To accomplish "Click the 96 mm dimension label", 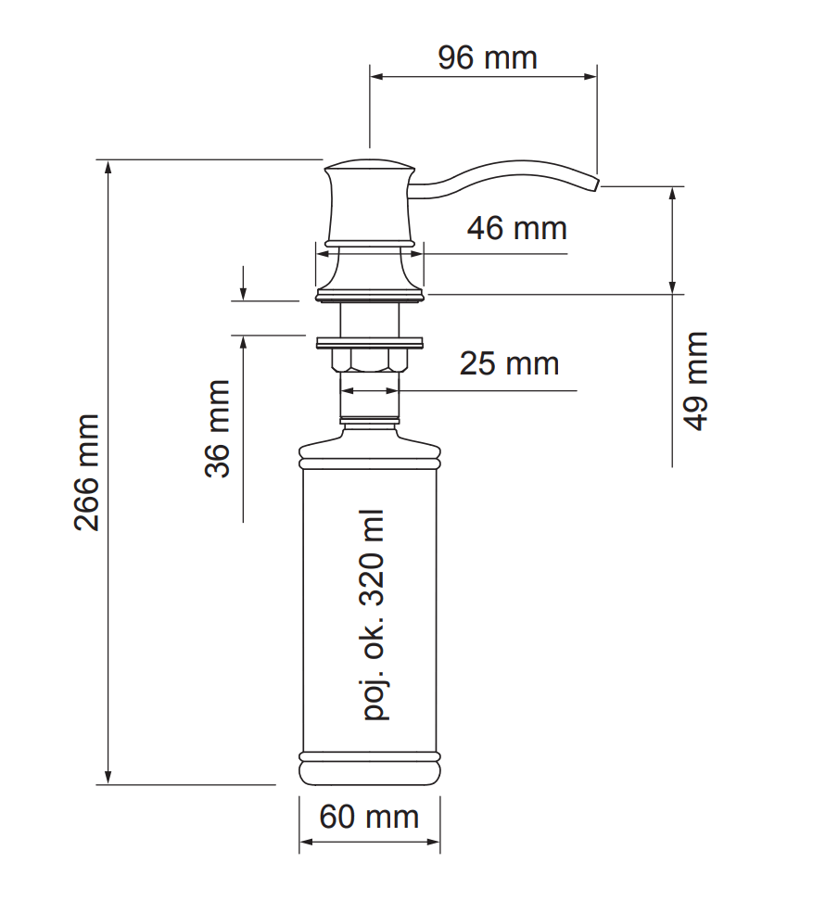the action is click(x=488, y=57).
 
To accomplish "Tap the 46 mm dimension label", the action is click(x=516, y=228).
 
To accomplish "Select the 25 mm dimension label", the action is click(x=509, y=363).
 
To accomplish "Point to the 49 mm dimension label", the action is click(x=696, y=381).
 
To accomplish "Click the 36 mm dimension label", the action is click(x=217, y=428).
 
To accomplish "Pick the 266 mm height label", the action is click(x=87, y=473).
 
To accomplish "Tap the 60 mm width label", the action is click(x=369, y=817).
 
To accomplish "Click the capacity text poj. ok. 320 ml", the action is click(x=374, y=615).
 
